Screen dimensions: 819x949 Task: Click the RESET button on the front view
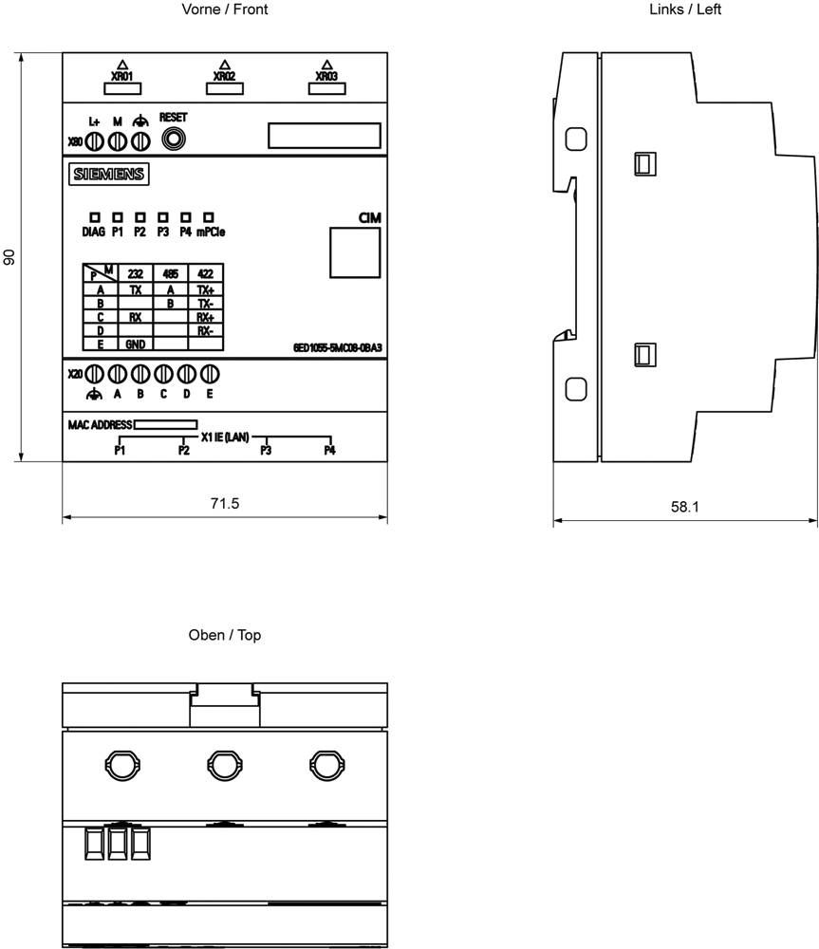tap(173, 140)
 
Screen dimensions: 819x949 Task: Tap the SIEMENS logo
tap(109, 175)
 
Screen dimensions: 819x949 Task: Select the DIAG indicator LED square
tap(95, 216)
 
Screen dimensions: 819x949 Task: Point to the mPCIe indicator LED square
tap(208, 216)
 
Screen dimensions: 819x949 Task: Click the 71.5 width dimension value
tap(225, 504)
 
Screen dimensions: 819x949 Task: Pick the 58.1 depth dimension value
tap(684, 507)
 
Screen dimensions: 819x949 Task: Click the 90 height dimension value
tap(9, 256)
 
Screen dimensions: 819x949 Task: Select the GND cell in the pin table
tap(135, 344)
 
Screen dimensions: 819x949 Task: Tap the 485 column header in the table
tap(171, 273)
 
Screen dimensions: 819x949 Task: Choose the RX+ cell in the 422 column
tap(206, 317)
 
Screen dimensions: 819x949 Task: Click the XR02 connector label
tap(225, 76)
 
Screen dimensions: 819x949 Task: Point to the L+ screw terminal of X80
tap(94, 142)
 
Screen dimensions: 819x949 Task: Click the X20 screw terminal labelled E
tap(210, 374)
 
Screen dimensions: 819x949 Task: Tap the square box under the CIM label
tap(355, 253)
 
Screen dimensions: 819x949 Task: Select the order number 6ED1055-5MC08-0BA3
tap(338, 348)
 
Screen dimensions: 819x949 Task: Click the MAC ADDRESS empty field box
tap(165, 425)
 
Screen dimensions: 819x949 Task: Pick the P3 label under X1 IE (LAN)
tap(266, 450)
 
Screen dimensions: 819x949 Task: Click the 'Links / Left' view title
tap(685, 9)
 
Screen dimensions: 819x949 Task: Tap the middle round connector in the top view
tap(225, 766)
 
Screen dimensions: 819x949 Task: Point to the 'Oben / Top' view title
tap(225, 635)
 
